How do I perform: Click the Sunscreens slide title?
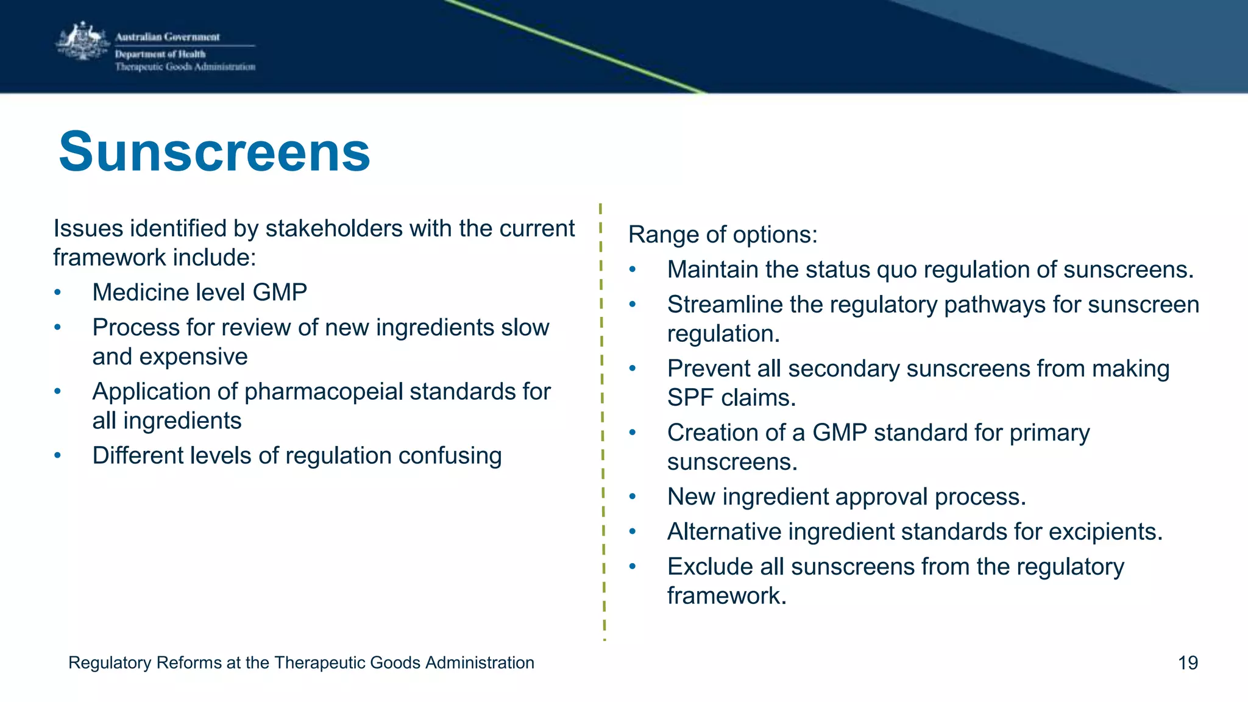tap(214, 152)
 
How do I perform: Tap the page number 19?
tap(1188, 662)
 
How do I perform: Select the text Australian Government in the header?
tap(167, 37)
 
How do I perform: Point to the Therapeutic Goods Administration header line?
tap(185, 67)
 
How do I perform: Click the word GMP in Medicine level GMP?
tap(280, 292)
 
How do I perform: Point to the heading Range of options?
tap(723, 235)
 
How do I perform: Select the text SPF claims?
tap(731, 398)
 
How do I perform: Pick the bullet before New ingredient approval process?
tap(633, 497)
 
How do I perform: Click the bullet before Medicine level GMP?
tap(57, 293)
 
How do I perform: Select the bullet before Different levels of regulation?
tap(57, 456)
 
